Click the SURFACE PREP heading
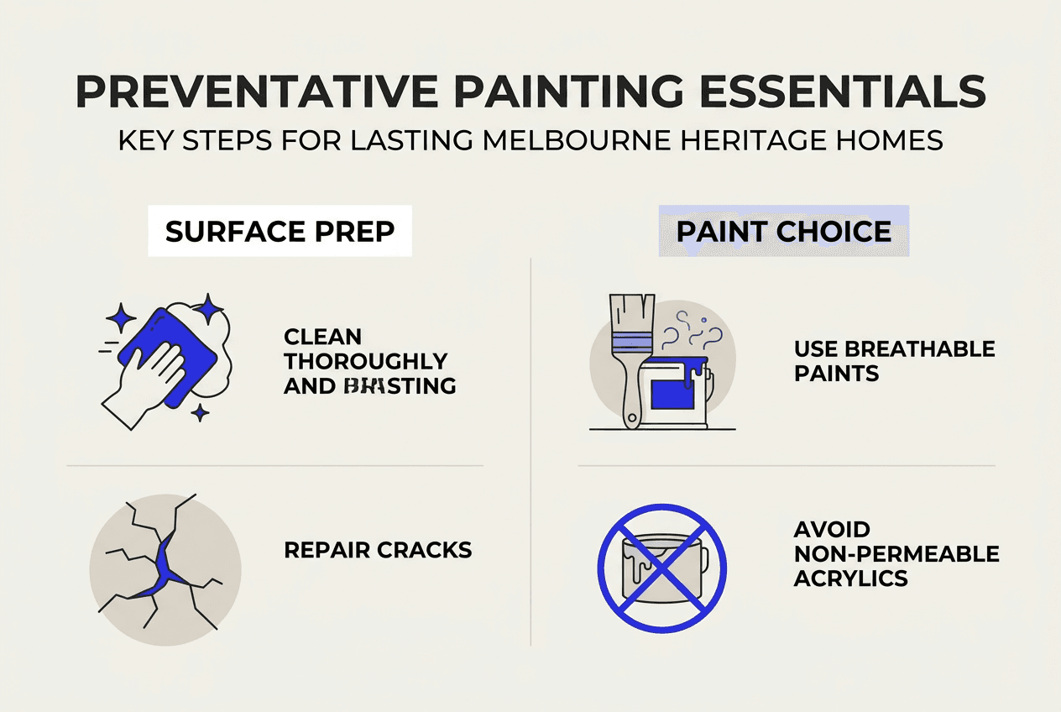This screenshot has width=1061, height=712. pos(280,232)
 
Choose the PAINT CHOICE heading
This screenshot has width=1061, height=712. pos(784,232)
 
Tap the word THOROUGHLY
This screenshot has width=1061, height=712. pos(365,361)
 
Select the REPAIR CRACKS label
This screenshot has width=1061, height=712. pos(378,550)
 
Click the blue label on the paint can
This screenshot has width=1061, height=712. pos(672,392)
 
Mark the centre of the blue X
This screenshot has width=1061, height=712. pos(661,568)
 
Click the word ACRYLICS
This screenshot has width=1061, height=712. pos(850,578)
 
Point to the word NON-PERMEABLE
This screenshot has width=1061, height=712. pos(896,554)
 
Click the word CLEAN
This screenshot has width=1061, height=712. pos(322,337)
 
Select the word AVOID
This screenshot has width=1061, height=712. pos(832,530)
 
